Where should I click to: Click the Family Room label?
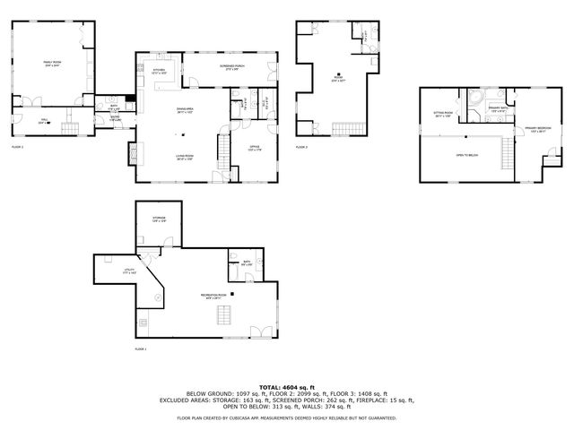pos(51,63)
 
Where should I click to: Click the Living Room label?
pos(184,157)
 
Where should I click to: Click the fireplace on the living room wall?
pos(134,153)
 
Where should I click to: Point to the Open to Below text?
pos(466,154)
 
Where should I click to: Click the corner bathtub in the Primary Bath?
pos(477,97)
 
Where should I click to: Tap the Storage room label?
pos(159,218)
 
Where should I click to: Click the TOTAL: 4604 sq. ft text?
pos(286,386)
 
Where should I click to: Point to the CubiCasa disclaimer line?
pos(286,417)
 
